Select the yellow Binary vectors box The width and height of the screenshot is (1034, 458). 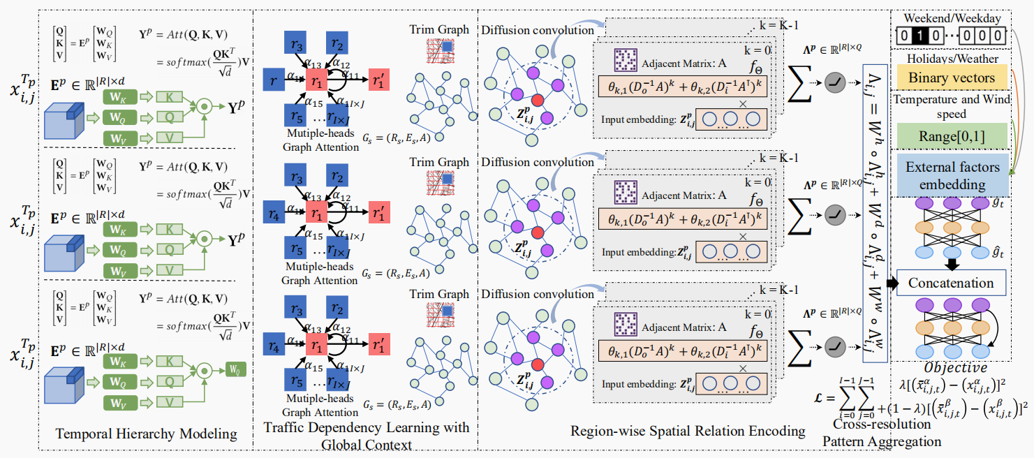click(952, 77)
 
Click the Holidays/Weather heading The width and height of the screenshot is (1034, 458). click(952, 58)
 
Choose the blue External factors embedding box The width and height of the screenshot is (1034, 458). click(952, 176)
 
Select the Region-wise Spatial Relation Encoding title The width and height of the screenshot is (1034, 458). click(687, 431)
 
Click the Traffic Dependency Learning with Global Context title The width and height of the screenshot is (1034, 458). click(367, 435)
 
